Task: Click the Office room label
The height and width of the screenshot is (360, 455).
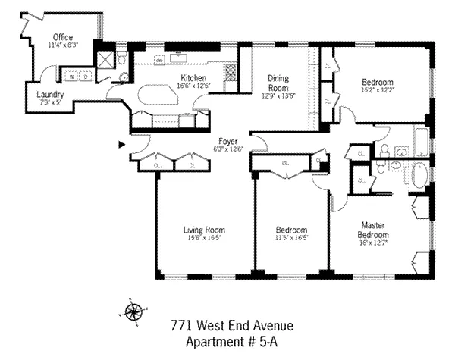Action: [x=62, y=37]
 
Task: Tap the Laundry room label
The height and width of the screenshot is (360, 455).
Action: [x=30, y=95]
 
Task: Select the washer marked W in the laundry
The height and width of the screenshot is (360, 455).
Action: [x=71, y=77]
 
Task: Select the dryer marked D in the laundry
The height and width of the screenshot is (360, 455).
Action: [x=86, y=77]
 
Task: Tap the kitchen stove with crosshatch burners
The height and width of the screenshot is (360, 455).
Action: [x=230, y=72]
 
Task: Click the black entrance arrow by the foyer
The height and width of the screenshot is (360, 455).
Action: [x=121, y=143]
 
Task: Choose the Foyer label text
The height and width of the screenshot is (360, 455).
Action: [x=228, y=141]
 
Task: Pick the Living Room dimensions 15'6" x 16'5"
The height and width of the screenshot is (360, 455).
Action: [x=204, y=237]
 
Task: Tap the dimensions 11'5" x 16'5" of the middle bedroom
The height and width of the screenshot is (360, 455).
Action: [x=291, y=237]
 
